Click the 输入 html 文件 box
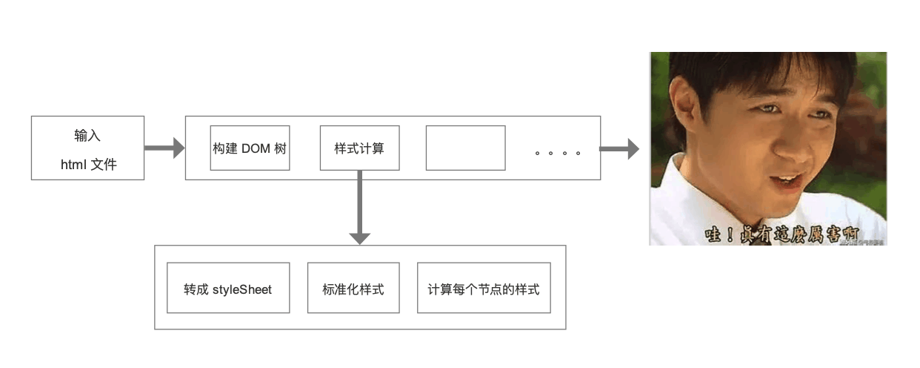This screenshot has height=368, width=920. [x=87, y=148]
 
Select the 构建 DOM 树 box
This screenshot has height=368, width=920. [x=250, y=148]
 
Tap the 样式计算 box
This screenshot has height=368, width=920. [x=359, y=148]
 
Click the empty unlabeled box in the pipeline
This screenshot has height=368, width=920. [x=465, y=148]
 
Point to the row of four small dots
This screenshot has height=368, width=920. [x=557, y=154]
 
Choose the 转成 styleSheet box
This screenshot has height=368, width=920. [x=228, y=288]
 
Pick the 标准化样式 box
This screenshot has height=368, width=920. [x=353, y=288]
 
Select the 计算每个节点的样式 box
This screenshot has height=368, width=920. [x=484, y=288]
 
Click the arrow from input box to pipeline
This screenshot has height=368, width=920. [x=164, y=148]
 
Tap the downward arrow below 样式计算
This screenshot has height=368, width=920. [x=359, y=208]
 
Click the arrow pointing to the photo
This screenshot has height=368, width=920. [x=619, y=148]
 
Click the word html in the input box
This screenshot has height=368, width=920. [x=73, y=165]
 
